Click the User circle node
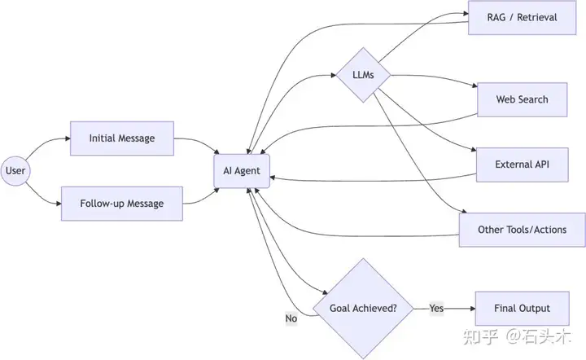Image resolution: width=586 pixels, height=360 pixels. pyautogui.click(x=15, y=171)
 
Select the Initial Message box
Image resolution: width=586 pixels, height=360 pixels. pyautogui.click(x=122, y=138)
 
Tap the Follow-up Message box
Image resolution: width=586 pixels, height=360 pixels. pyautogui.click(x=122, y=204)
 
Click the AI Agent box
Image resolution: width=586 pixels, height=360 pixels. pyautogui.click(x=242, y=171)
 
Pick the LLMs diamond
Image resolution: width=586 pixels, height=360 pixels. pyautogui.click(x=363, y=75)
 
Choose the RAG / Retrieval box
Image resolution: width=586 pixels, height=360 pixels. pyautogui.click(x=522, y=18)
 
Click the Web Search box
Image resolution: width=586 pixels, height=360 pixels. pyautogui.click(x=522, y=99)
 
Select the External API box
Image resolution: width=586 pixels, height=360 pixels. pyautogui.click(x=522, y=165)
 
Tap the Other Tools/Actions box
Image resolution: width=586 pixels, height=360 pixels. pyautogui.click(x=522, y=230)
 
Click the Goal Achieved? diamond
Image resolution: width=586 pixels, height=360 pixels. pyautogui.click(x=363, y=309)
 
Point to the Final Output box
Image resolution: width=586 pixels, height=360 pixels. pyautogui.click(x=522, y=309)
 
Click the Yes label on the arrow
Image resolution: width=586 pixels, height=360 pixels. pyautogui.click(x=436, y=308)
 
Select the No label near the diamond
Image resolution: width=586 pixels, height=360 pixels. pyautogui.click(x=291, y=318)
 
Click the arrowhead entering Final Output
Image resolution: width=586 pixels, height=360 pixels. pyautogui.click(x=473, y=309)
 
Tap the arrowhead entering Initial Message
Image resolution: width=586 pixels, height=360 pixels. pyautogui.click(x=68, y=138)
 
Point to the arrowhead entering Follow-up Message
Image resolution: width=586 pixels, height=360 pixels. pyautogui.click(x=59, y=204)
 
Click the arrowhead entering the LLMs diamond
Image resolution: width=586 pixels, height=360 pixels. pyautogui.click(x=334, y=75)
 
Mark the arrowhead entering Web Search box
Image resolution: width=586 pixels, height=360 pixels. pyautogui.click(x=474, y=86)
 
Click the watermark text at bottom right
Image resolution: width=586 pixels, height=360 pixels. pyautogui.click(x=518, y=337)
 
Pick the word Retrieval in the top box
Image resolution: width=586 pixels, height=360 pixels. pyautogui.click(x=537, y=18)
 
